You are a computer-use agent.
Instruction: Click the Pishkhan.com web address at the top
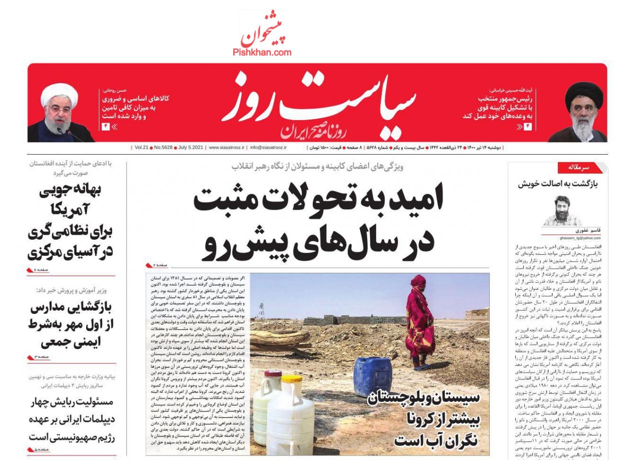point(261,52)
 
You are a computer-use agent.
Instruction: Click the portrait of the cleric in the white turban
point(60,112)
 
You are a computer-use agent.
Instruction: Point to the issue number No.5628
point(162,148)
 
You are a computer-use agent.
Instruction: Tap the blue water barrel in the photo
point(373,376)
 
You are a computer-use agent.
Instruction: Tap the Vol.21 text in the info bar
point(141,148)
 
